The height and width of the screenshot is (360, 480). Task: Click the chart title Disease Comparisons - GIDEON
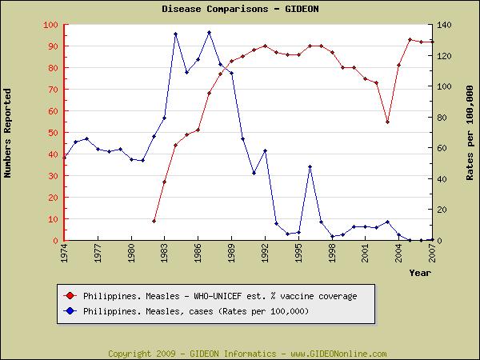tap(240, 9)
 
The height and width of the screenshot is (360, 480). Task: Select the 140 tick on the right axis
tap(445, 25)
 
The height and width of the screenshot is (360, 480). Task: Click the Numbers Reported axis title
tap(9, 133)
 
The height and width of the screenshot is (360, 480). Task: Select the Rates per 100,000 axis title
tap(470, 133)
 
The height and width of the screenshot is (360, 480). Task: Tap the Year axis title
tap(420, 273)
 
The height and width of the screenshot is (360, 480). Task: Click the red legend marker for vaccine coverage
tap(70, 296)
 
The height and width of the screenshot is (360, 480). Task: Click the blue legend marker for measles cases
tap(70, 310)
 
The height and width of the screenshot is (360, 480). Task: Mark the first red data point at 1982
tap(154, 221)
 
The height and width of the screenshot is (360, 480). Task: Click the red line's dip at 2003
tap(387, 122)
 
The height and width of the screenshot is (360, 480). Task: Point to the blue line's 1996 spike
tap(310, 166)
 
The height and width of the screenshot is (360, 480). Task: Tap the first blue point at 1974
tap(65, 157)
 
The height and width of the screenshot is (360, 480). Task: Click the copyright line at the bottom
tap(247, 354)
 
